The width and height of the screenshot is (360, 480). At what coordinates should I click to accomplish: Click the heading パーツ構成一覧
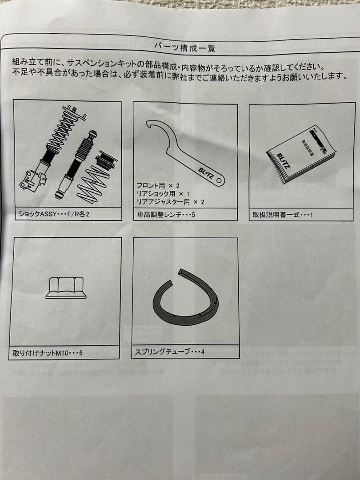click(184, 46)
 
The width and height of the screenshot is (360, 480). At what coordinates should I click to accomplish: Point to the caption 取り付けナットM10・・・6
click(48, 354)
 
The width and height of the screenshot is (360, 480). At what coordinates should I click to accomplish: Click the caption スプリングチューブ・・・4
click(170, 352)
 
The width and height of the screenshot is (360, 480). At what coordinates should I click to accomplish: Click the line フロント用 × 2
click(159, 184)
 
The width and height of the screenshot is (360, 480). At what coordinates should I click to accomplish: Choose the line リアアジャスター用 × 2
click(171, 202)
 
